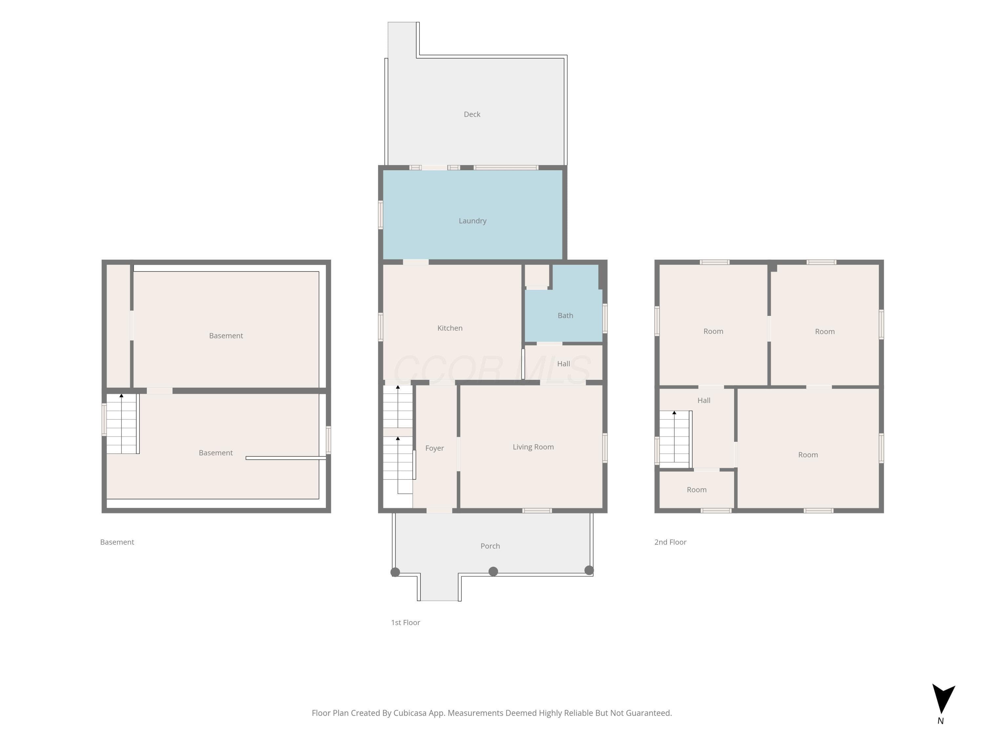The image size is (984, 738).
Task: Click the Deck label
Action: pyautogui.click(x=472, y=114)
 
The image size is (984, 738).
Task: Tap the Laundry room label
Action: pyautogui.click(x=472, y=221)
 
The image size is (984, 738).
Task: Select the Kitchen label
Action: pyautogui.click(x=450, y=328)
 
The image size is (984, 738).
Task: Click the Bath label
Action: pyautogui.click(x=565, y=316)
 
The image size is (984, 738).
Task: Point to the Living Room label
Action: pyautogui.click(x=533, y=447)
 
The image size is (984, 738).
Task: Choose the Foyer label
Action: pyautogui.click(x=435, y=448)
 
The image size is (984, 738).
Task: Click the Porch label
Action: pyautogui.click(x=490, y=546)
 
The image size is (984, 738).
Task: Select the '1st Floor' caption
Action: pyautogui.click(x=405, y=622)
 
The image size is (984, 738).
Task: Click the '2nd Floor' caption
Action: pyautogui.click(x=670, y=542)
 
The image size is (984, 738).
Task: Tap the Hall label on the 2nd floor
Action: pyautogui.click(x=704, y=400)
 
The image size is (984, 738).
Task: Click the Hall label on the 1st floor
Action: pyautogui.click(x=564, y=363)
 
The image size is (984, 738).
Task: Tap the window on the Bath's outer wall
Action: pyautogui.click(x=605, y=318)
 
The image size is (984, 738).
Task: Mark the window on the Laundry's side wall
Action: pyautogui.click(x=380, y=215)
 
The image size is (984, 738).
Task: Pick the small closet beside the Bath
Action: pyautogui.click(x=537, y=276)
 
